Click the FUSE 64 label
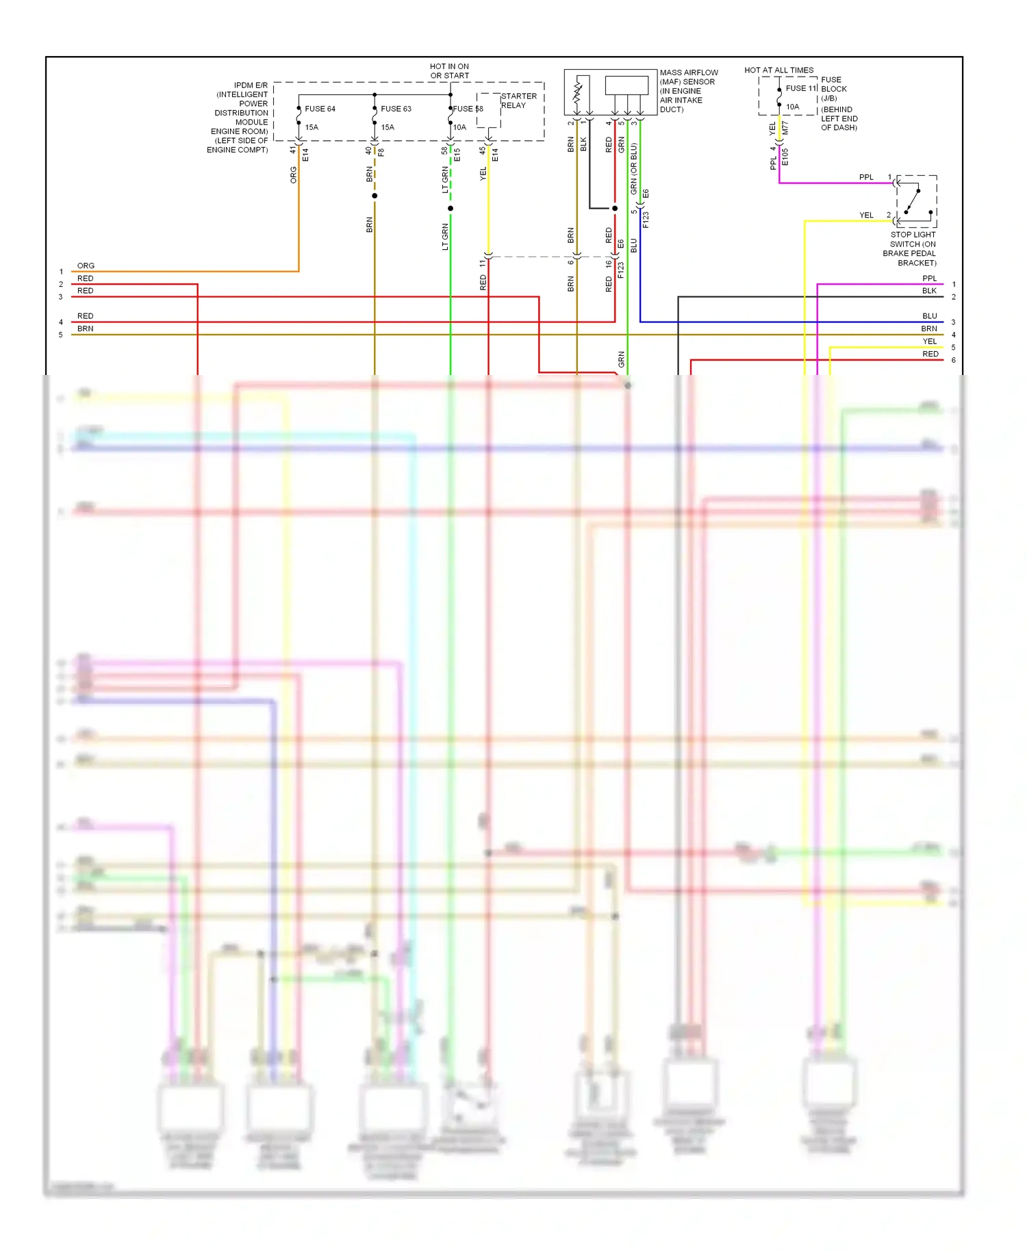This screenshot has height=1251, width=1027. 320,109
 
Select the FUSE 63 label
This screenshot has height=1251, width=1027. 396,109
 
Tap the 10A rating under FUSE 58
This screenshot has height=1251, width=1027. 459,127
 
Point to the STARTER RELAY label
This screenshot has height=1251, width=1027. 518,101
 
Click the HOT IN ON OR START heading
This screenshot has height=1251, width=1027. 450,71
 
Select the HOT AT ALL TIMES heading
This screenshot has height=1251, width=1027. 778,70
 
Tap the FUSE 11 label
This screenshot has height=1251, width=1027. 801,88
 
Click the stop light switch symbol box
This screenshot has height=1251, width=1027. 916,201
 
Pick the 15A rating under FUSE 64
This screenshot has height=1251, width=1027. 312,127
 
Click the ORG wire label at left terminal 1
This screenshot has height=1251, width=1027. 86,266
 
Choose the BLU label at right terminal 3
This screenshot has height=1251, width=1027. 929,316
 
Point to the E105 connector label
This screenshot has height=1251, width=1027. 785,157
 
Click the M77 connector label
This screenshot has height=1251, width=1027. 785,128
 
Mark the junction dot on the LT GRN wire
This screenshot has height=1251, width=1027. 451,208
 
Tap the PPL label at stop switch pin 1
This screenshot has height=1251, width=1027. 866,177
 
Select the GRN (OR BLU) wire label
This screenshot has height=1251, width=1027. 634,168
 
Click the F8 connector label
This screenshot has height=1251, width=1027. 381,153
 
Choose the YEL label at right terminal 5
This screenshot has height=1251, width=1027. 929,341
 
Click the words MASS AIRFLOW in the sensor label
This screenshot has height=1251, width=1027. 689,73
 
